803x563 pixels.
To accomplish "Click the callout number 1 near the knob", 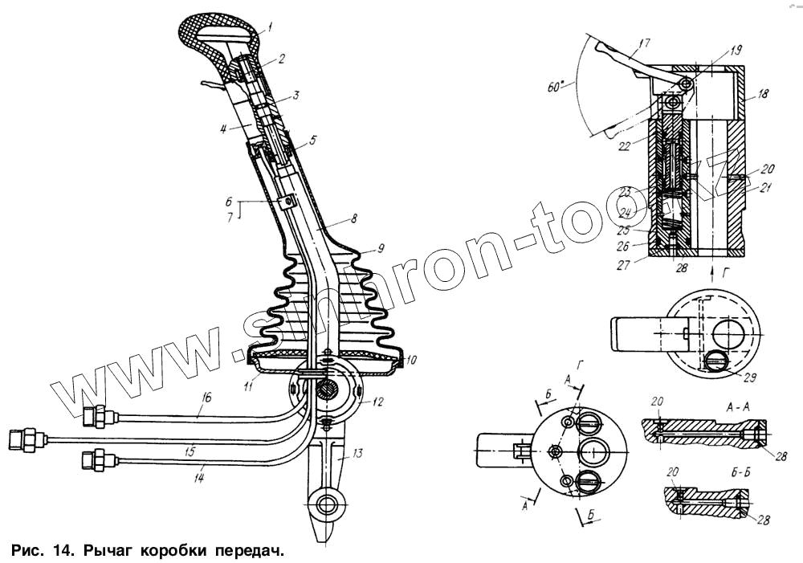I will [269, 27].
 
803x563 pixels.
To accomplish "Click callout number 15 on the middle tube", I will [190, 453].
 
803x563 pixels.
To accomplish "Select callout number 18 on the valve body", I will [762, 94].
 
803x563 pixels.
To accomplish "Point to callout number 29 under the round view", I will [750, 376].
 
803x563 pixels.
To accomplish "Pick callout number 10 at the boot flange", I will [411, 361].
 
